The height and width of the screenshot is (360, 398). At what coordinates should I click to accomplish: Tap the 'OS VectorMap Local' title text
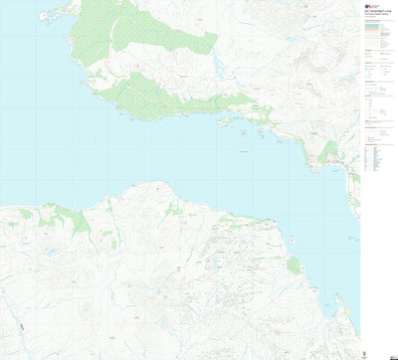coord(376,14)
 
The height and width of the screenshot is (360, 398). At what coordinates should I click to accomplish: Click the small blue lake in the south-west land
coord(51,253)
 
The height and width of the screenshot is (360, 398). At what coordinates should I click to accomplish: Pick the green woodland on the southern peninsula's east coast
coord(294,266)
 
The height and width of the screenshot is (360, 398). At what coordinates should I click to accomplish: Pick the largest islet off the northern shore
coord(226,121)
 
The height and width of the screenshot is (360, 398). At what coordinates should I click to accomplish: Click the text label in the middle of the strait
coord(244,150)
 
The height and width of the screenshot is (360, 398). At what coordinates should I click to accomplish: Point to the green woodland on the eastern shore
coord(328,152)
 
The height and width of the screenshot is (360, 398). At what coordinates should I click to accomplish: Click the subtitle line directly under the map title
coord(376,18)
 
